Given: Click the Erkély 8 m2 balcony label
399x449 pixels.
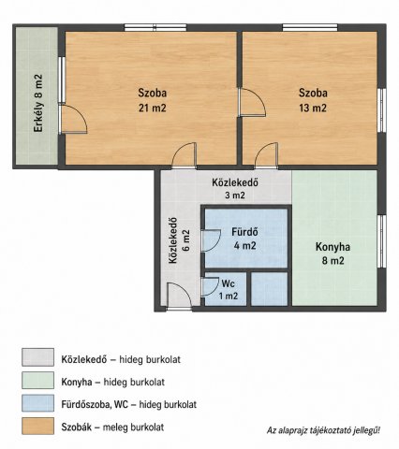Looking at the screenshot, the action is coord(38,103).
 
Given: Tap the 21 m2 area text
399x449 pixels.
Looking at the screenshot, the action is coord(153,108).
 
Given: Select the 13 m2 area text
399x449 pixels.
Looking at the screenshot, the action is coord(313,108).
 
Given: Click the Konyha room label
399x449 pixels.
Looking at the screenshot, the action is coord(332,247).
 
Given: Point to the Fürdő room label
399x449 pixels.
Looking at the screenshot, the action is coord(244,232).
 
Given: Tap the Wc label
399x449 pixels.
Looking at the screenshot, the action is coord(228,283).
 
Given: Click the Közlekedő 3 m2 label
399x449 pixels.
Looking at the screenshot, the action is coord(235,189).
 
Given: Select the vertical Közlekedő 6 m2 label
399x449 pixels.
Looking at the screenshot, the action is coord(179,240).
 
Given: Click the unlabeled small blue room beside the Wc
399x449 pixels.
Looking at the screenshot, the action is coord(269,289).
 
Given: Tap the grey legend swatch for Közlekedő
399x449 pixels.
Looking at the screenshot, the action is coord(37,357).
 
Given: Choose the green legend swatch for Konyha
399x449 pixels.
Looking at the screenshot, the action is coord(37,380).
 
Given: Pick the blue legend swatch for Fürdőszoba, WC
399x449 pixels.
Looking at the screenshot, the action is coord(37,403).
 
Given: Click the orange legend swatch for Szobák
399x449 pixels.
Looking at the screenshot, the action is coord(37,426).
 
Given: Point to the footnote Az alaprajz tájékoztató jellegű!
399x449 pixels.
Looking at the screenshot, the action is coord(323,431).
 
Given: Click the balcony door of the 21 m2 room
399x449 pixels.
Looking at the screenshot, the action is coord(72,120).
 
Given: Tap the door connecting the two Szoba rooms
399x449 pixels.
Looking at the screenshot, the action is coord(252,103).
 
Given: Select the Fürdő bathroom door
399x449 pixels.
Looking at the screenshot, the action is coord(212,240).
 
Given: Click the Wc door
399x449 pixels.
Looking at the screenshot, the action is coord(210,286).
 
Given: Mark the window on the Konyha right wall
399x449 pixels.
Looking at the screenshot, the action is coord(381,241).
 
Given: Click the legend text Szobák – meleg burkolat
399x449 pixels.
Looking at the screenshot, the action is coord(112,427).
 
